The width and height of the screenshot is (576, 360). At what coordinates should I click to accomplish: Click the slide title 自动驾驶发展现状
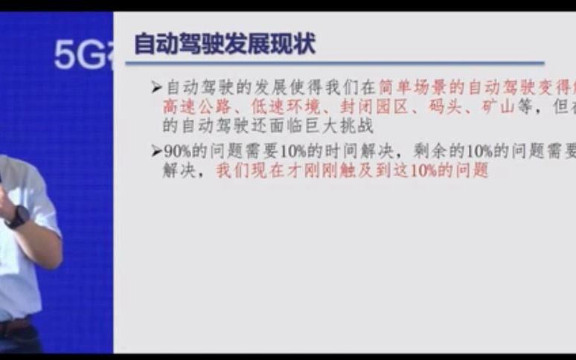click(224, 44)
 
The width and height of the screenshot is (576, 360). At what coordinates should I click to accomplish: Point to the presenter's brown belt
click(15, 326)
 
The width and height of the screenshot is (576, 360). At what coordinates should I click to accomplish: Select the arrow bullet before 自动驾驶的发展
click(156, 88)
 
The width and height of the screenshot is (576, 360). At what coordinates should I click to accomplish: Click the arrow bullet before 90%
click(156, 151)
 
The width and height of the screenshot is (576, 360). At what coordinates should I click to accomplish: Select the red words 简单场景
click(414, 88)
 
